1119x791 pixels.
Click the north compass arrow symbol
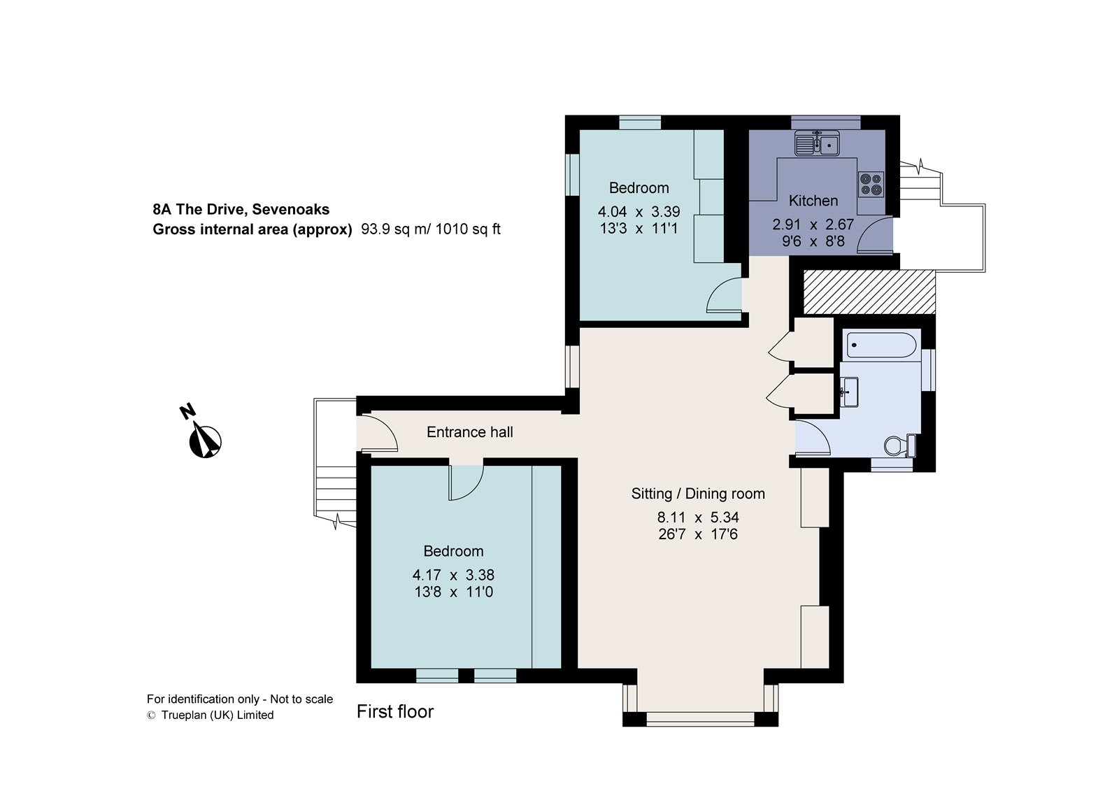(206, 440)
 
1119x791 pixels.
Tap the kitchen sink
(818, 143)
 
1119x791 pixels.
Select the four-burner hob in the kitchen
(871, 184)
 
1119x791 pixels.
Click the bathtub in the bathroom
(881, 345)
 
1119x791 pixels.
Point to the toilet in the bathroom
(900, 446)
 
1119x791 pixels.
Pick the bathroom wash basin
(849, 392)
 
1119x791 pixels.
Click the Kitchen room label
(813, 201)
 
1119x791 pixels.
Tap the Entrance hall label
(469, 432)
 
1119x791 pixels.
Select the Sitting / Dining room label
(698, 494)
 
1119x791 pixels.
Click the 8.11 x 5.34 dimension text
(698, 517)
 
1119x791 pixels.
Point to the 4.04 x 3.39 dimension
(639, 212)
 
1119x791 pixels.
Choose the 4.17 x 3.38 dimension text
(454, 575)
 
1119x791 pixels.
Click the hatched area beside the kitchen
(869, 292)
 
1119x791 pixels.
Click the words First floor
(395, 711)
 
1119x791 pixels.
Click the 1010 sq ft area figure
(468, 229)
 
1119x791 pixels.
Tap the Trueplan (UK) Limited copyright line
(211, 715)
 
